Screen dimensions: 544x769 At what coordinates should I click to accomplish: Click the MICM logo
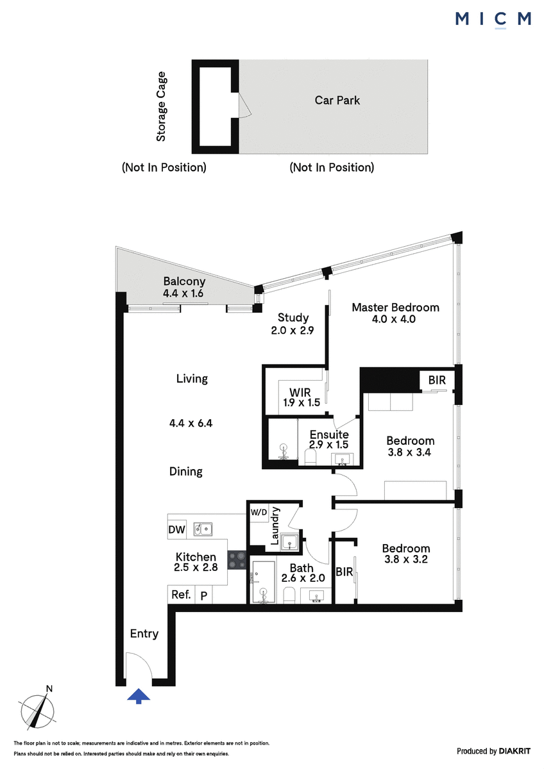click(x=493, y=19)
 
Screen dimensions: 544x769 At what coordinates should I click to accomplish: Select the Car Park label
click(x=337, y=100)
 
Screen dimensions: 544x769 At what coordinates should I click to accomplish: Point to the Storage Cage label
click(x=161, y=106)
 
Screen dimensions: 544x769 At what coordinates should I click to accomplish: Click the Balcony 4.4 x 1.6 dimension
click(x=183, y=294)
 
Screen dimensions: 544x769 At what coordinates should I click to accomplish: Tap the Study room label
click(x=293, y=318)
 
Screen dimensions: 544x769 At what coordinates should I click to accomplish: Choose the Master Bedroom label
click(x=396, y=307)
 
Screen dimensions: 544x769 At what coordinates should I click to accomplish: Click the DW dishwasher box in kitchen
click(x=176, y=530)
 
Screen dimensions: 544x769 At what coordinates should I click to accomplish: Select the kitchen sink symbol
click(x=203, y=529)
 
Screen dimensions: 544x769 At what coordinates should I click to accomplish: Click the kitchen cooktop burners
click(x=237, y=560)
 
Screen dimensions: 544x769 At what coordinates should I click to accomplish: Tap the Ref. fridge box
click(x=181, y=594)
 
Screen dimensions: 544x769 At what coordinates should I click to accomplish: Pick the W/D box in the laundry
click(x=259, y=513)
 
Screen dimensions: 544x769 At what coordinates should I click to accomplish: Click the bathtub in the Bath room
click(x=264, y=582)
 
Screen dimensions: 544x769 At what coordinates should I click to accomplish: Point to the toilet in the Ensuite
click(x=310, y=457)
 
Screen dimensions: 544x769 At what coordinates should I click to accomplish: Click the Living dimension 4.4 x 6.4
click(x=191, y=424)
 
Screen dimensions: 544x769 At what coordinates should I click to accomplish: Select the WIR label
click(x=300, y=392)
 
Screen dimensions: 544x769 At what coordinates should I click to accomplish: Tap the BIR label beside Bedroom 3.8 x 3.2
click(x=344, y=572)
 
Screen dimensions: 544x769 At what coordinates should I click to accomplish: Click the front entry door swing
click(x=139, y=665)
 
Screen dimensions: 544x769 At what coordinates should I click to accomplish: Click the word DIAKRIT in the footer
click(x=514, y=751)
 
